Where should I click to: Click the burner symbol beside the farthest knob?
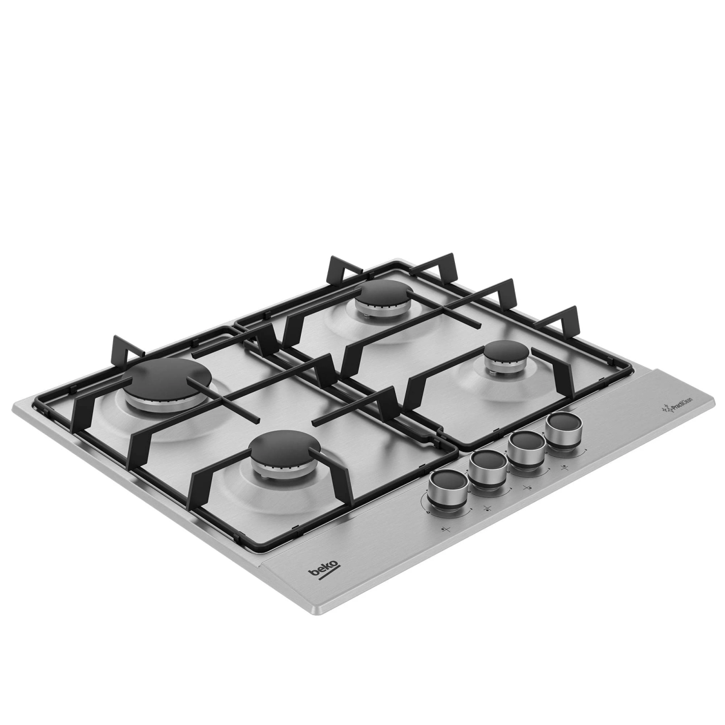pyautogui.click(x=565, y=467)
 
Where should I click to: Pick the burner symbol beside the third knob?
pyautogui.click(x=526, y=488)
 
